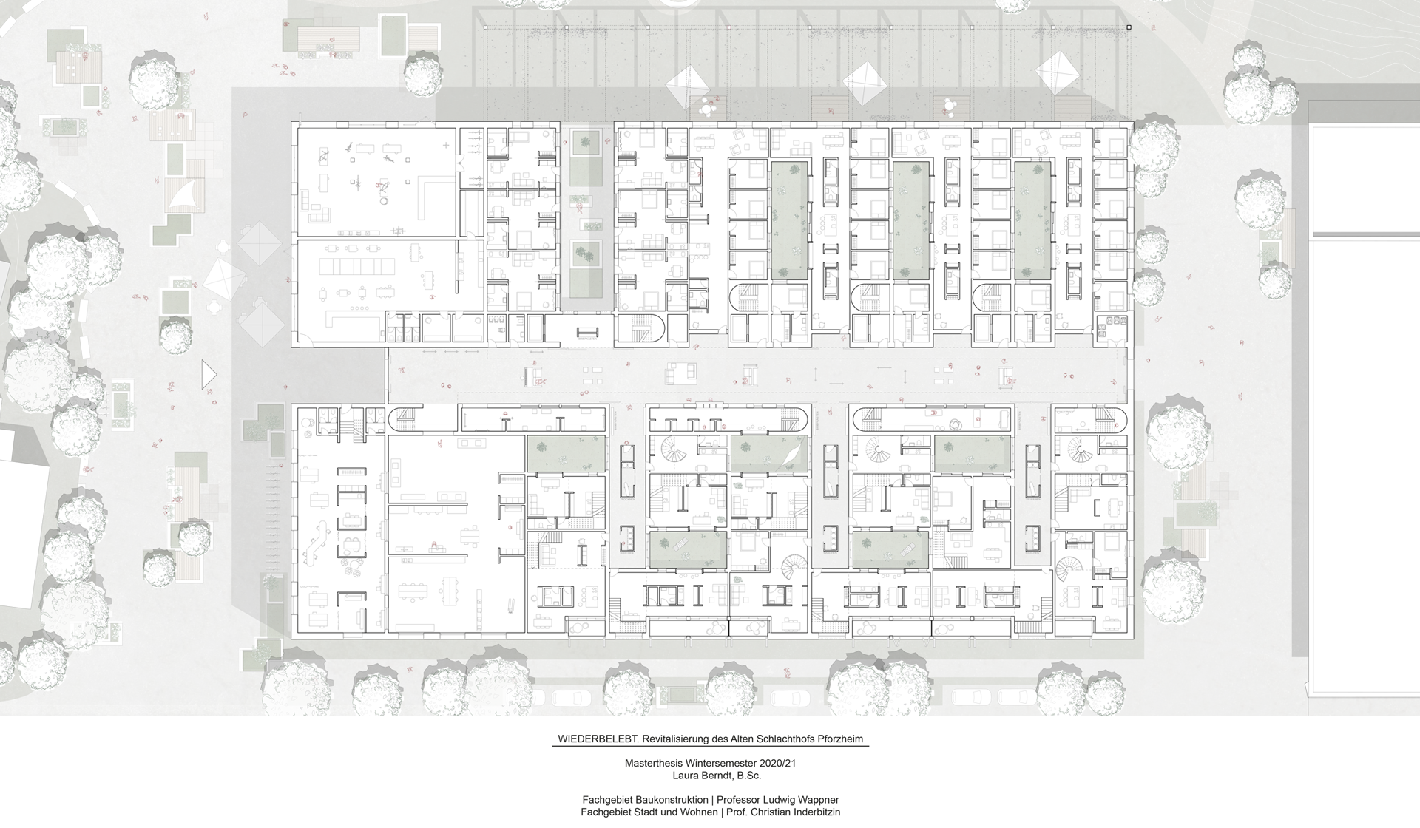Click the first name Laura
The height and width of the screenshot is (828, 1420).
coord(686,776)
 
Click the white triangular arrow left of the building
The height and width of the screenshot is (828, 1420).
coord(209,375)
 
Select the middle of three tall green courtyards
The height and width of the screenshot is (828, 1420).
coord(911,220)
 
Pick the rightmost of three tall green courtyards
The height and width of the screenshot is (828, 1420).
coord(1032,221)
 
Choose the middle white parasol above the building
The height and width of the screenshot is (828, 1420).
coord(866,84)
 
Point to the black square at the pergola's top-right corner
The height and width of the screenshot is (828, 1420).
coord(1129,27)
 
